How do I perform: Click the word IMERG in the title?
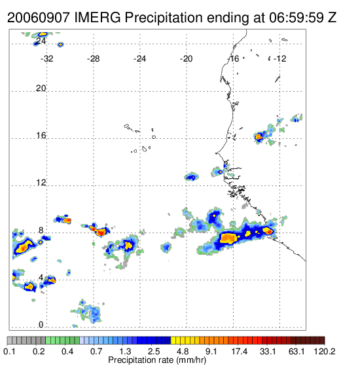coord(98,18)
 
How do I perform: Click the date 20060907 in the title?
coord(39,18)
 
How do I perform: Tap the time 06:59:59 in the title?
coord(297,18)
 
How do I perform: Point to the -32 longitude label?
coord(46,59)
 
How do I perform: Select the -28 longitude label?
coord(93,59)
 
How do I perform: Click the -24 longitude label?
coord(139,59)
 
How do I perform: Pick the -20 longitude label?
coord(186,59)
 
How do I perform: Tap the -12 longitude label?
coord(279,59)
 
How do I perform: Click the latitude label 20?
coord(41,88)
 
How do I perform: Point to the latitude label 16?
coord(41,136)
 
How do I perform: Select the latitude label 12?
coord(41,183)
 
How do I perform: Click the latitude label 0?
coord(41,325)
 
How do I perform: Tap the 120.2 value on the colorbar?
coord(325,351)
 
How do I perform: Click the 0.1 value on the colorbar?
coord(9,351)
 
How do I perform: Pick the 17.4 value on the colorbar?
coord(240,351)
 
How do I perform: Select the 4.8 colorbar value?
coord(183,351)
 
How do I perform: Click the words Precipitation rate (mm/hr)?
coord(157,360)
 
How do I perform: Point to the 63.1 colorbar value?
coord(297,351)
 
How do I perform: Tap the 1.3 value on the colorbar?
coord(125,351)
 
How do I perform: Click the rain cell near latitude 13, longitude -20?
coord(191,177)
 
